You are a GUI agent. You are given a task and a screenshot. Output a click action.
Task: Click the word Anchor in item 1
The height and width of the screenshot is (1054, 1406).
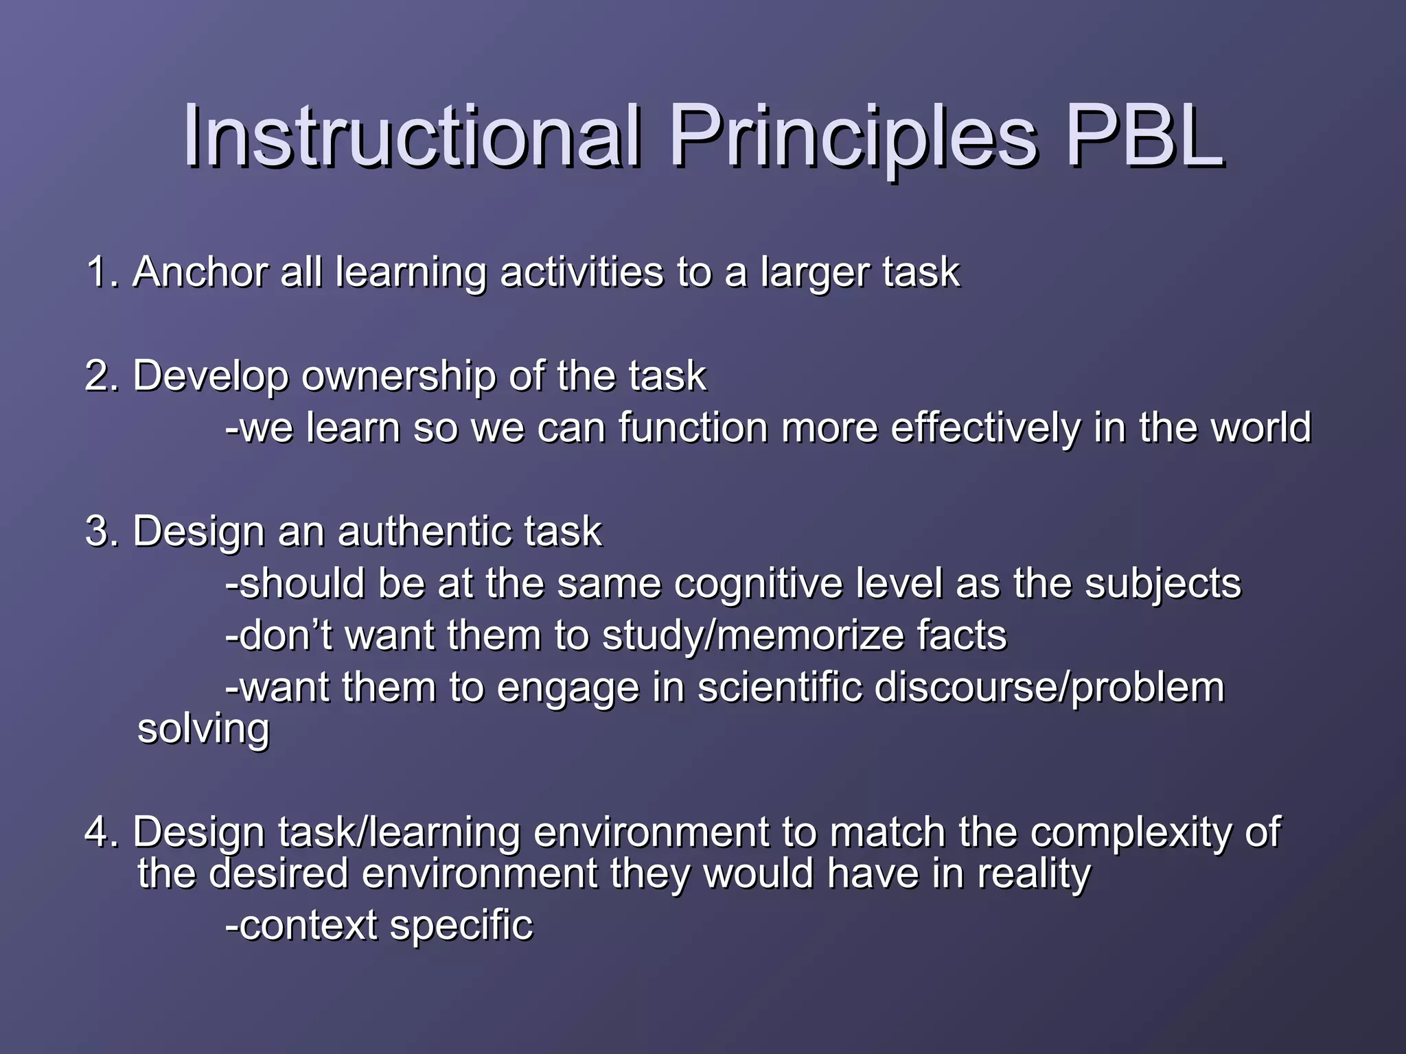[200, 272]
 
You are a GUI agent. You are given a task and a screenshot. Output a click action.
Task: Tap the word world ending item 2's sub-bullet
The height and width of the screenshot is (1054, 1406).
[1260, 428]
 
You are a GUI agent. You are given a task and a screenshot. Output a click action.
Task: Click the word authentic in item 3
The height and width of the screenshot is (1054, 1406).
[423, 532]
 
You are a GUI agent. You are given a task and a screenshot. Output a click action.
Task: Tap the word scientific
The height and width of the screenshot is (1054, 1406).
[779, 688]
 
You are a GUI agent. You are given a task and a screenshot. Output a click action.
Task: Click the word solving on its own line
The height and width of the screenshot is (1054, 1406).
[203, 729]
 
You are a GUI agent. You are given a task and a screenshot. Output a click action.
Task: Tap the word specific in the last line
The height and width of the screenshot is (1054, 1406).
[461, 926]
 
